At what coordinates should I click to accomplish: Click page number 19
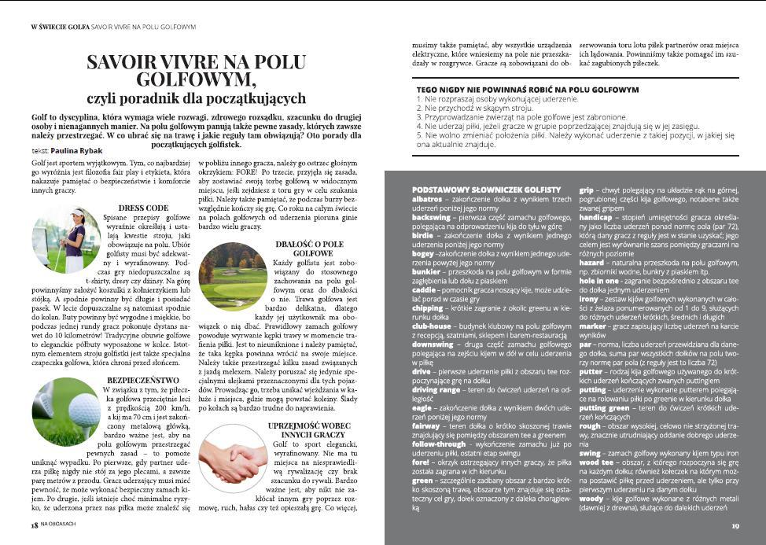(735, 526)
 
